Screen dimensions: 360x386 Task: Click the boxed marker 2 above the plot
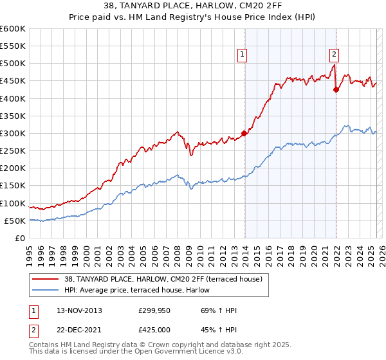tap(335, 55)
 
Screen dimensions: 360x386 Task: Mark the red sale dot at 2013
tap(244, 134)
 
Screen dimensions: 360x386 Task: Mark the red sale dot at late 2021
tap(336, 90)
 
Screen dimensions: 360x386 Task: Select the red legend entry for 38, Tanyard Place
tap(163, 279)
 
